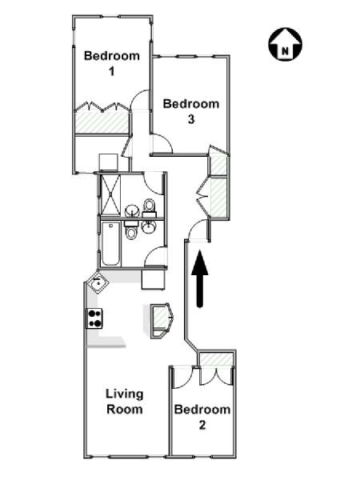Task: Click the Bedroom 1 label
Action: click(112, 63)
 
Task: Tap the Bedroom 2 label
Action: click(202, 417)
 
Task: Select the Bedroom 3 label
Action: click(191, 111)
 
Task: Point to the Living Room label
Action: click(125, 402)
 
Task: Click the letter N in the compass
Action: click(285, 51)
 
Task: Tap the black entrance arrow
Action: click(200, 278)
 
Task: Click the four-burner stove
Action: click(94, 318)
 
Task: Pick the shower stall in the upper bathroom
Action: click(110, 194)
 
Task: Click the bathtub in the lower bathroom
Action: click(110, 244)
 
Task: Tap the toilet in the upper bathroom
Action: click(150, 207)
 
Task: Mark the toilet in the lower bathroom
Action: click(132, 230)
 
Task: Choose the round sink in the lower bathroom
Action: click(149, 226)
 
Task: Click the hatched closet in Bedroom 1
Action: click(102, 122)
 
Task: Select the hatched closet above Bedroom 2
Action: click(215, 359)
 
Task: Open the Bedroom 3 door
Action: click(162, 143)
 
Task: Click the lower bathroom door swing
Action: click(155, 256)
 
